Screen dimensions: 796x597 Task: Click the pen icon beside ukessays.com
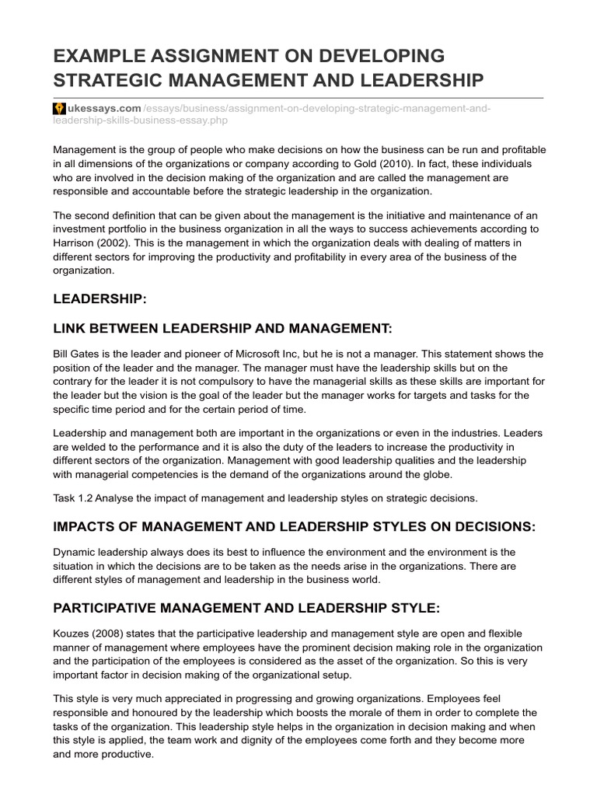pyautogui.click(x=59, y=107)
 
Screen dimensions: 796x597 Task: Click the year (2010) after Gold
pyautogui.click(x=379, y=163)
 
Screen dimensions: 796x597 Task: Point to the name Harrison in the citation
pyautogui.click(x=76, y=243)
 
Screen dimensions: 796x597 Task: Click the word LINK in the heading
pyautogui.click(x=71, y=330)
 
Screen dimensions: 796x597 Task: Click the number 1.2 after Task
pyautogui.click(x=89, y=498)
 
